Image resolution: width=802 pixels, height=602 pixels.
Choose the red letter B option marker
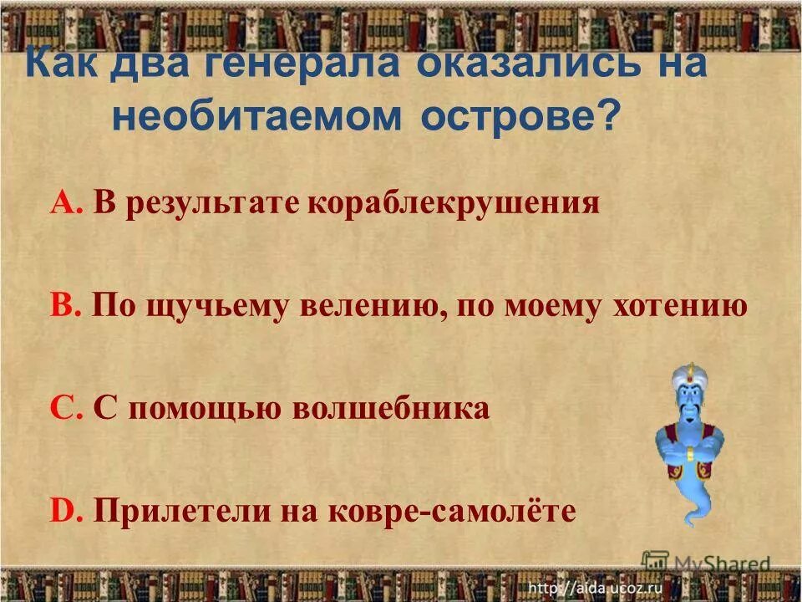point(63,307)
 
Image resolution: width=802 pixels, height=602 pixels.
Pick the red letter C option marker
point(63,409)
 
